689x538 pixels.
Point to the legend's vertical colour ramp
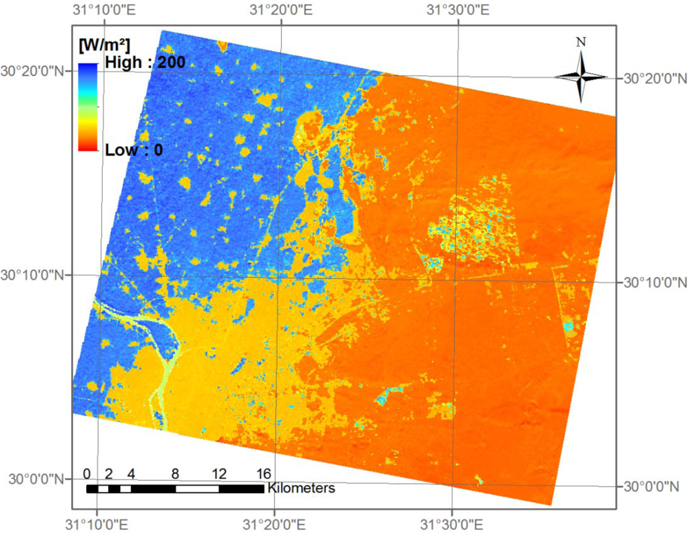[x=88, y=107]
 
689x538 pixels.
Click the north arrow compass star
[x=581, y=76]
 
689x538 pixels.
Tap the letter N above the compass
[x=581, y=42]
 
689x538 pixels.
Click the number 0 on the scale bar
[x=87, y=474]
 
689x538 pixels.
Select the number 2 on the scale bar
[x=109, y=474]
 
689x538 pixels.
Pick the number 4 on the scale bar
[x=131, y=474]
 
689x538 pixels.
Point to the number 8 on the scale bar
[x=175, y=474]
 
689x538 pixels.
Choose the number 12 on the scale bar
[x=218, y=474]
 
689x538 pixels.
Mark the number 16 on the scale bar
[x=263, y=474]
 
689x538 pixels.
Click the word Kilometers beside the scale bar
[x=301, y=488]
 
